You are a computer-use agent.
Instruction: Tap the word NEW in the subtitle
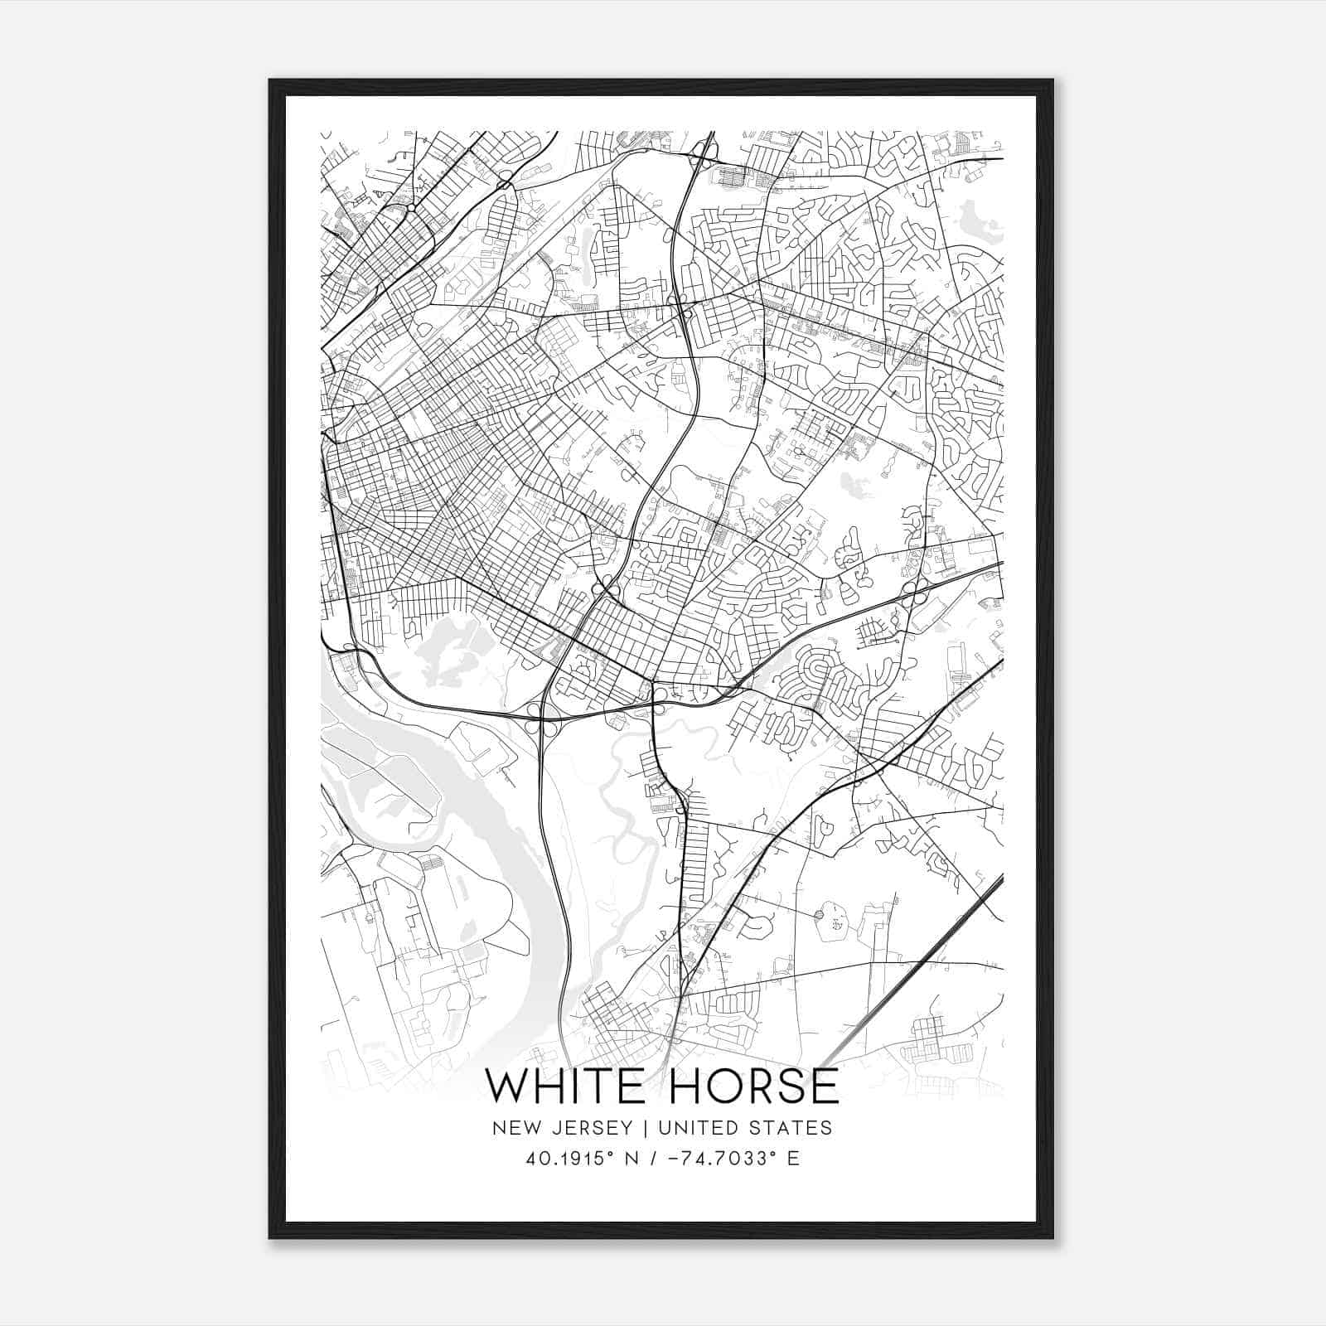[x=511, y=1128]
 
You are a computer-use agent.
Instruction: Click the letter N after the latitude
[x=637, y=1159]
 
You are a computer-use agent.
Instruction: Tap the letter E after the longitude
[x=793, y=1159]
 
